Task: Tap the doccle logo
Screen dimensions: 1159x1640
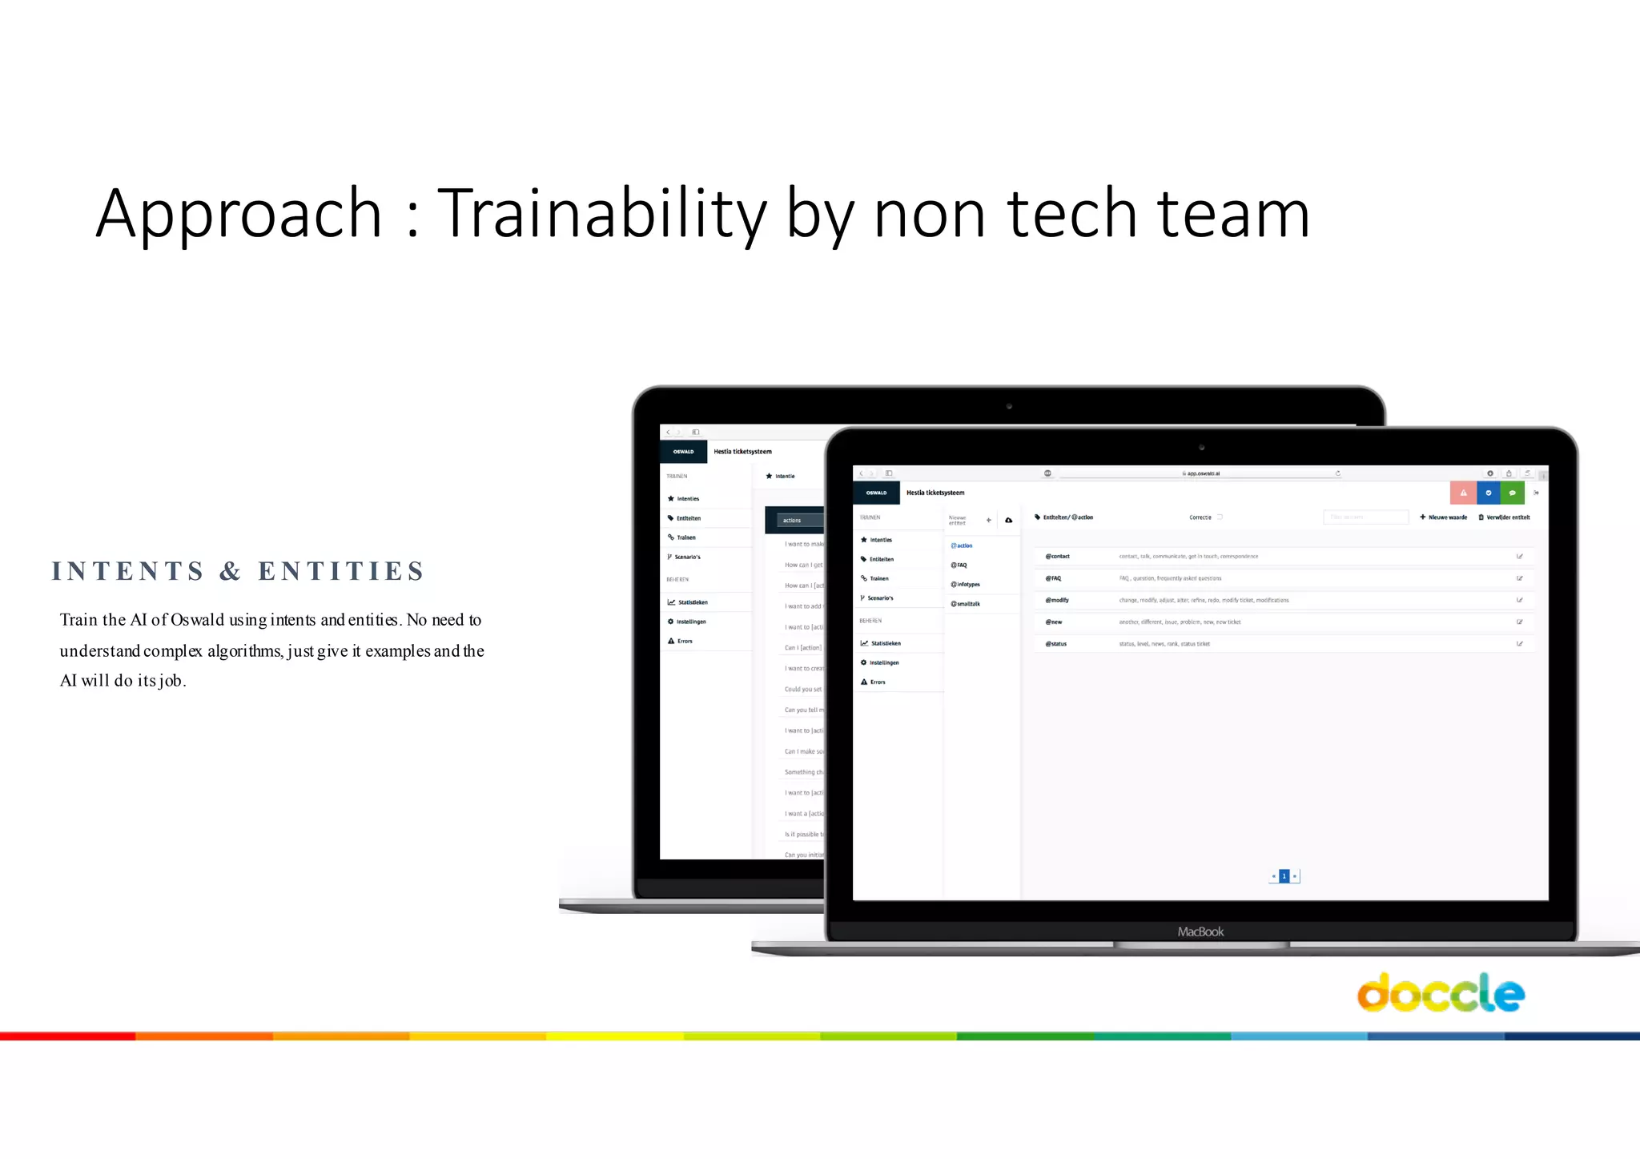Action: click(1440, 993)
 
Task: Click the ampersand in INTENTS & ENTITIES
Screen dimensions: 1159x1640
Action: click(231, 571)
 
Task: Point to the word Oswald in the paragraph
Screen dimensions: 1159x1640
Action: click(197, 620)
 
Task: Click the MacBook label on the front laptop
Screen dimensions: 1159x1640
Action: click(1200, 932)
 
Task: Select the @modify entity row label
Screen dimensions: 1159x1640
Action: click(1057, 600)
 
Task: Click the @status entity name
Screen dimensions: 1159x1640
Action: click(1056, 644)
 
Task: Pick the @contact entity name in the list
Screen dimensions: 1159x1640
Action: click(1057, 556)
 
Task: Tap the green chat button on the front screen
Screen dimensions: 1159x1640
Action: click(1512, 493)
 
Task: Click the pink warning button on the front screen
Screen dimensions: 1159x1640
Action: click(1463, 493)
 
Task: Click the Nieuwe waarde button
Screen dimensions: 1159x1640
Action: click(1444, 517)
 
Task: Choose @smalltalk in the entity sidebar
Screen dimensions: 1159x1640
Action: click(966, 604)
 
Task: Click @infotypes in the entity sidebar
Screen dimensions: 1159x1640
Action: click(966, 585)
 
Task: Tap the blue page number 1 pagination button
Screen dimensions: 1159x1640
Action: click(1284, 876)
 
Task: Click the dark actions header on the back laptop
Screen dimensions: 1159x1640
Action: click(793, 521)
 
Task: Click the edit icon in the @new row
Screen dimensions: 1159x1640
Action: click(1519, 622)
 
